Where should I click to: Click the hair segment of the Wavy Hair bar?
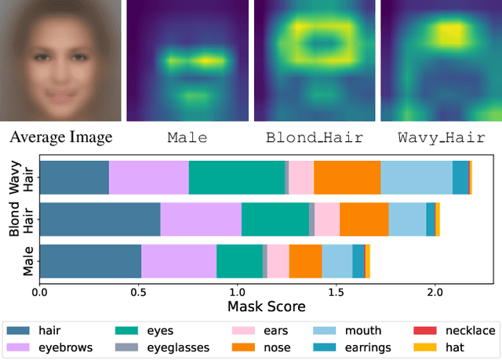75,177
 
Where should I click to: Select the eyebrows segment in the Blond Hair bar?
201,219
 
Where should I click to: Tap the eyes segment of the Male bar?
239,260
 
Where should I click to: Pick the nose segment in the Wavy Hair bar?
347,177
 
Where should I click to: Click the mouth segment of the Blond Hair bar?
407,219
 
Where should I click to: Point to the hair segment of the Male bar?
90,260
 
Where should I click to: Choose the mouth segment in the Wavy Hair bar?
417,177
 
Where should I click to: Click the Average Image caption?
61,138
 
